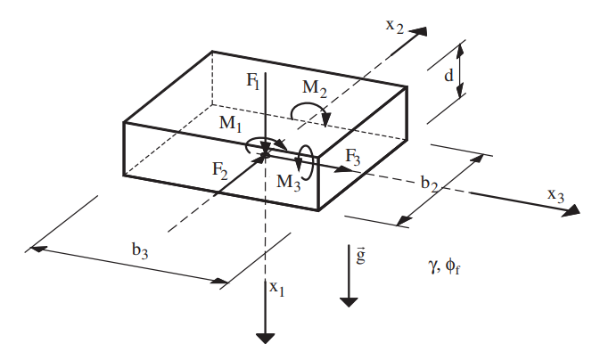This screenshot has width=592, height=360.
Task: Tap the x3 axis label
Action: coord(555,194)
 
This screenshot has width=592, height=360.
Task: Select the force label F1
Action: coord(253,80)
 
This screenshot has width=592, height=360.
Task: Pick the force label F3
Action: coord(354,156)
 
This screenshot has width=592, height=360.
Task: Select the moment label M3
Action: coord(288,182)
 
